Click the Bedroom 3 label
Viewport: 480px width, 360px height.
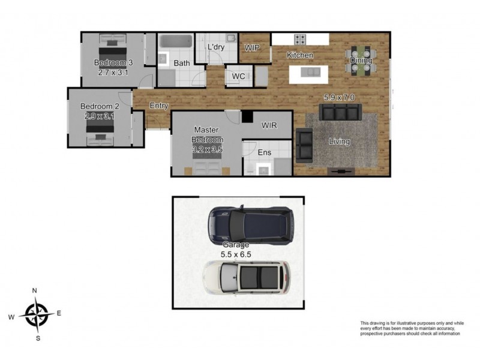pos(113,63)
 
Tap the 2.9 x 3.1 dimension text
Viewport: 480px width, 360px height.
pos(100,116)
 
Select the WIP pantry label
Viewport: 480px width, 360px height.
pos(252,48)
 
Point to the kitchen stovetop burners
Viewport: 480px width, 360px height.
pos(301,40)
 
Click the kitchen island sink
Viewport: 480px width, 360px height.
pos(310,72)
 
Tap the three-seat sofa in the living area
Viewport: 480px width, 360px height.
pos(340,112)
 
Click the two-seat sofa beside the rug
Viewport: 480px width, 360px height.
pos(304,145)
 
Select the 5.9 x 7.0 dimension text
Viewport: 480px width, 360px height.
pos(339,97)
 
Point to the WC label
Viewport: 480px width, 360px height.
pos(238,76)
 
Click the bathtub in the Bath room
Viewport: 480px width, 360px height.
pos(176,41)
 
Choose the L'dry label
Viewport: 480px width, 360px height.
pos(216,47)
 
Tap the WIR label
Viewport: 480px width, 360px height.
pos(269,125)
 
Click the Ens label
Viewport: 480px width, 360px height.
pos(265,152)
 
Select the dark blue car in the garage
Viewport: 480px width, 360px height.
pos(251,225)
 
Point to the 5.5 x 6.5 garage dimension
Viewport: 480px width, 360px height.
pos(236,254)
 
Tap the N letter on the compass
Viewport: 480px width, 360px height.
pos(35,290)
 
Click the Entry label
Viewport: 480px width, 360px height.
pos(159,106)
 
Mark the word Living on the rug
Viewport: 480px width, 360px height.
pos(339,142)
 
